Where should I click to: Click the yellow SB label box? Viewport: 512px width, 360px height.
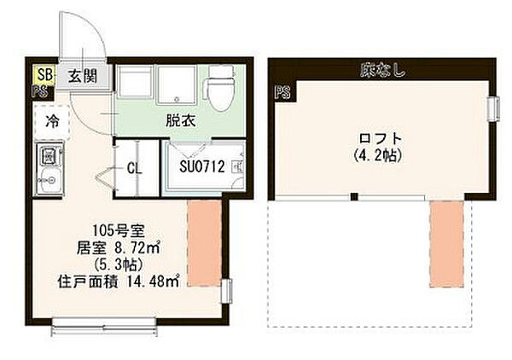[44, 74]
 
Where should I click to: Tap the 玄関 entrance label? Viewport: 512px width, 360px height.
[82, 75]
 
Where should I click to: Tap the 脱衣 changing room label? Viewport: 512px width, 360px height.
[181, 120]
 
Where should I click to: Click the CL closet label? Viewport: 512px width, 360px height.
[134, 168]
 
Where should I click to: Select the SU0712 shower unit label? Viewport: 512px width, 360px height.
[201, 167]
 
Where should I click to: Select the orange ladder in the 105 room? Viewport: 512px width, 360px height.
[204, 244]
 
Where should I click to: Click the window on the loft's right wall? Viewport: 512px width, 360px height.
[492, 109]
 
